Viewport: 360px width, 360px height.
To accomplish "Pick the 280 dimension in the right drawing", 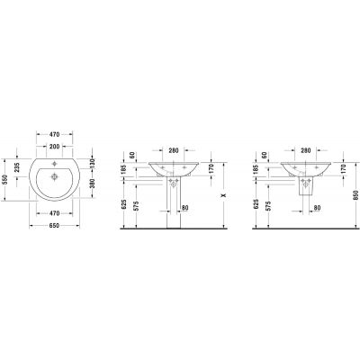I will [306, 151].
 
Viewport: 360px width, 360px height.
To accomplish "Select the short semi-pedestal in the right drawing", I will [306, 184].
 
